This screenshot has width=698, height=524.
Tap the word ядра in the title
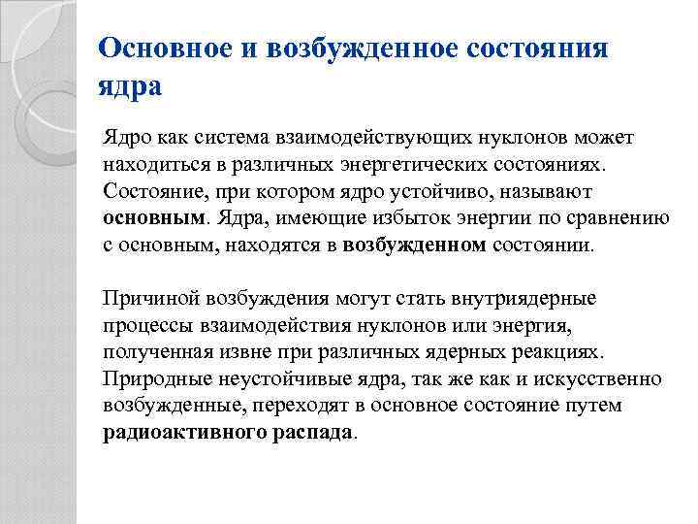[131, 86]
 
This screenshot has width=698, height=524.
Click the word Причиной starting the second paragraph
[146, 297]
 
